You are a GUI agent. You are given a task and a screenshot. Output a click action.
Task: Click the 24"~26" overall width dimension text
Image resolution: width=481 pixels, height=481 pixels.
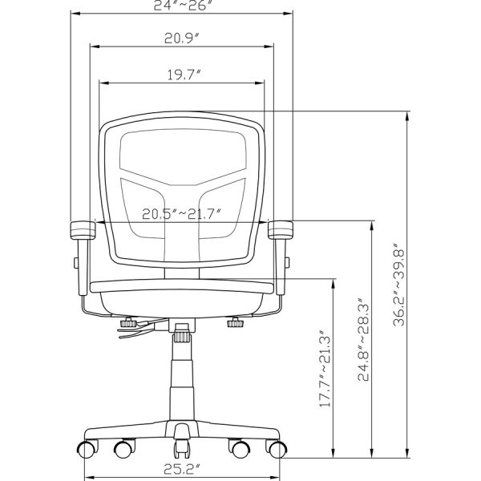pos(183,5)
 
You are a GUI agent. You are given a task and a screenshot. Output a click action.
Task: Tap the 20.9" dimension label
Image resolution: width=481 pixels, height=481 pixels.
pos(182,38)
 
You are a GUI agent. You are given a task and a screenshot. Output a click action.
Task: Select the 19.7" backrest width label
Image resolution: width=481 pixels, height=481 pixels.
pos(184,75)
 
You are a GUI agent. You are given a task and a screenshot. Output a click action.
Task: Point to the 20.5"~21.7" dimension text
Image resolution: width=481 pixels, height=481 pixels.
pos(182,214)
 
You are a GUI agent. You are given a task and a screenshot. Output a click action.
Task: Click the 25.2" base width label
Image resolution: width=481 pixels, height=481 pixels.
pos(182,469)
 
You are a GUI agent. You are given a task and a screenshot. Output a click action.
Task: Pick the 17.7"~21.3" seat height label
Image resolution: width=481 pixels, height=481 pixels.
pos(325,369)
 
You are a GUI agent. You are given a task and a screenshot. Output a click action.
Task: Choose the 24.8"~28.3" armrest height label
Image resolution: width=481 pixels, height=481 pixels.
pos(364,339)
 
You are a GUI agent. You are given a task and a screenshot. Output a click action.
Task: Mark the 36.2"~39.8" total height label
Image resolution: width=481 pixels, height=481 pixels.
pos(399,285)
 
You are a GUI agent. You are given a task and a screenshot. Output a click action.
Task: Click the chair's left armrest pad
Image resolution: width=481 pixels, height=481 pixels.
pos(83,230)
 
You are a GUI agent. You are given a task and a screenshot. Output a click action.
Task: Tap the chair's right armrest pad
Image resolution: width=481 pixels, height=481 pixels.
pos(281,230)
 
